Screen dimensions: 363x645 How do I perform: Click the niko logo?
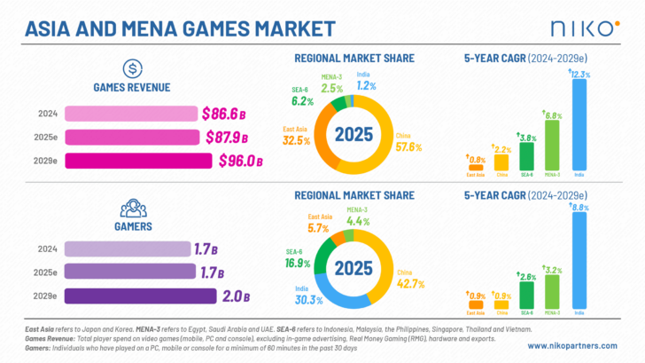click(x=584, y=27)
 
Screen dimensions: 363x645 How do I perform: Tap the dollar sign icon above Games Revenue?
click(x=132, y=68)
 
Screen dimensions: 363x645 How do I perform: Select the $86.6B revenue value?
click(x=222, y=114)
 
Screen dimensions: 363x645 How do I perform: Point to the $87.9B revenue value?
click(x=225, y=138)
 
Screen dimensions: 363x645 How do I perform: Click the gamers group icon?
click(x=132, y=207)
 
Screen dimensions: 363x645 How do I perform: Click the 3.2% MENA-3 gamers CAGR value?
click(x=552, y=268)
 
